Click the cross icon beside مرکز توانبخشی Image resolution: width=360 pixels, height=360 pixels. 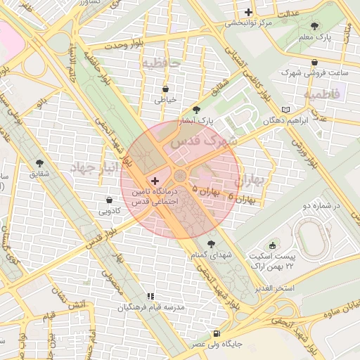click(x=248, y=12)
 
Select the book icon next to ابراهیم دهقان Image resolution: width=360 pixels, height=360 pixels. click(x=285, y=110)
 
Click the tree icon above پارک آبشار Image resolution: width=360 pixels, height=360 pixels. click(x=195, y=110)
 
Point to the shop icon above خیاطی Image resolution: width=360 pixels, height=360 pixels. click(x=165, y=89)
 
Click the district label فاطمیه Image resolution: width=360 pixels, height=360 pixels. click(x=321, y=93)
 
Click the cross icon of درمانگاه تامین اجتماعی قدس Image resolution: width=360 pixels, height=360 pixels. click(x=155, y=181)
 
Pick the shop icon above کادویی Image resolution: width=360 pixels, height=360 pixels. click(x=109, y=200)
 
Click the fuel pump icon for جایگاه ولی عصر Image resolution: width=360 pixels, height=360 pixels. click(x=215, y=334)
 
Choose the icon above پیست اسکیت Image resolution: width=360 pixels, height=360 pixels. click(x=273, y=245)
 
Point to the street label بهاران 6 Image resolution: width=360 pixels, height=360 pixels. click(x=240, y=199)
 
